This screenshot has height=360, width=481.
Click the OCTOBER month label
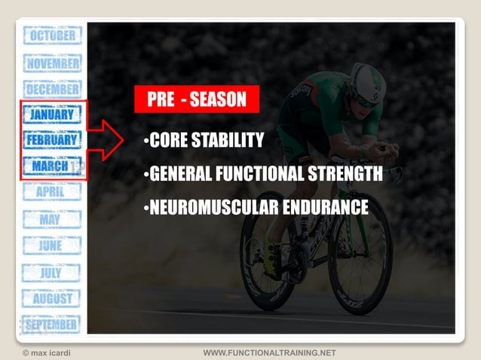pyautogui.click(x=52, y=36)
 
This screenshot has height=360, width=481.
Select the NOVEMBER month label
pyautogui.click(x=52, y=64)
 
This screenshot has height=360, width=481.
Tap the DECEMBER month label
pyautogui.click(x=52, y=90)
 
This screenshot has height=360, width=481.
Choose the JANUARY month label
pyautogui.click(x=52, y=114)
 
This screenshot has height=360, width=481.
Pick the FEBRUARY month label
pyautogui.click(x=52, y=140)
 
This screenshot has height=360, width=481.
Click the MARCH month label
pyautogui.click(x=51, y=166)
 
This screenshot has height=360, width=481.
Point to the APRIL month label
pyautogui.click(x=52, y=192)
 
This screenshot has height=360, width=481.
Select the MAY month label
pyautogui.click(x=52, y=219)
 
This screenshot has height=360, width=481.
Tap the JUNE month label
pyautogui.click(x=52, y=246)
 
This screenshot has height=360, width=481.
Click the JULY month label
pyautogui.click(x=52, y=272)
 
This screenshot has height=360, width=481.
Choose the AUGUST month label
pyautogui.click(x=52, y=298)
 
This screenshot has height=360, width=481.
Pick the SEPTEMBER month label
pyautogui.click(x=51, y=325)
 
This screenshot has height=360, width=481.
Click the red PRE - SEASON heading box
pyautogui.click(x=196, y=99)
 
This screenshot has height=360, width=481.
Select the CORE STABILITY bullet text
pyautogui.click(x=204, y=141)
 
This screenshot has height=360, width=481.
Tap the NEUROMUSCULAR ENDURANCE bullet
pyautogui.click(x=256, y=207)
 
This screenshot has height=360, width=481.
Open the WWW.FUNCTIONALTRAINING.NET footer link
pyautogui.click(x=269, y=352)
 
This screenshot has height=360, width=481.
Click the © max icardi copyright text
pyautogui.click(x=50, y=352)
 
